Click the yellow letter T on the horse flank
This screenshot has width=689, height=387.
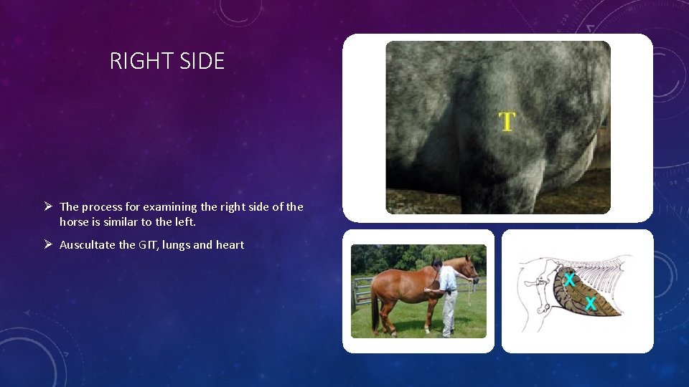[x=507, y=122]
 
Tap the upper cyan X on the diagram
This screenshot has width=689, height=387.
[x=569, y=279]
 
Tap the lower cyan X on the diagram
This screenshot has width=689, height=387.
[x=590, y=304]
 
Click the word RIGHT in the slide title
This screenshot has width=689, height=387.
[x=138, y=62]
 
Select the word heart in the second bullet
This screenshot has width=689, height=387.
[x=230, y=245]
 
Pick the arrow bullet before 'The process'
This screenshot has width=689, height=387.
[x=47, y=206]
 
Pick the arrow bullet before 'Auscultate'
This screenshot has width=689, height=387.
[x=47, y=244]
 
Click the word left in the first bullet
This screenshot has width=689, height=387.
[x=185, y=222]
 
